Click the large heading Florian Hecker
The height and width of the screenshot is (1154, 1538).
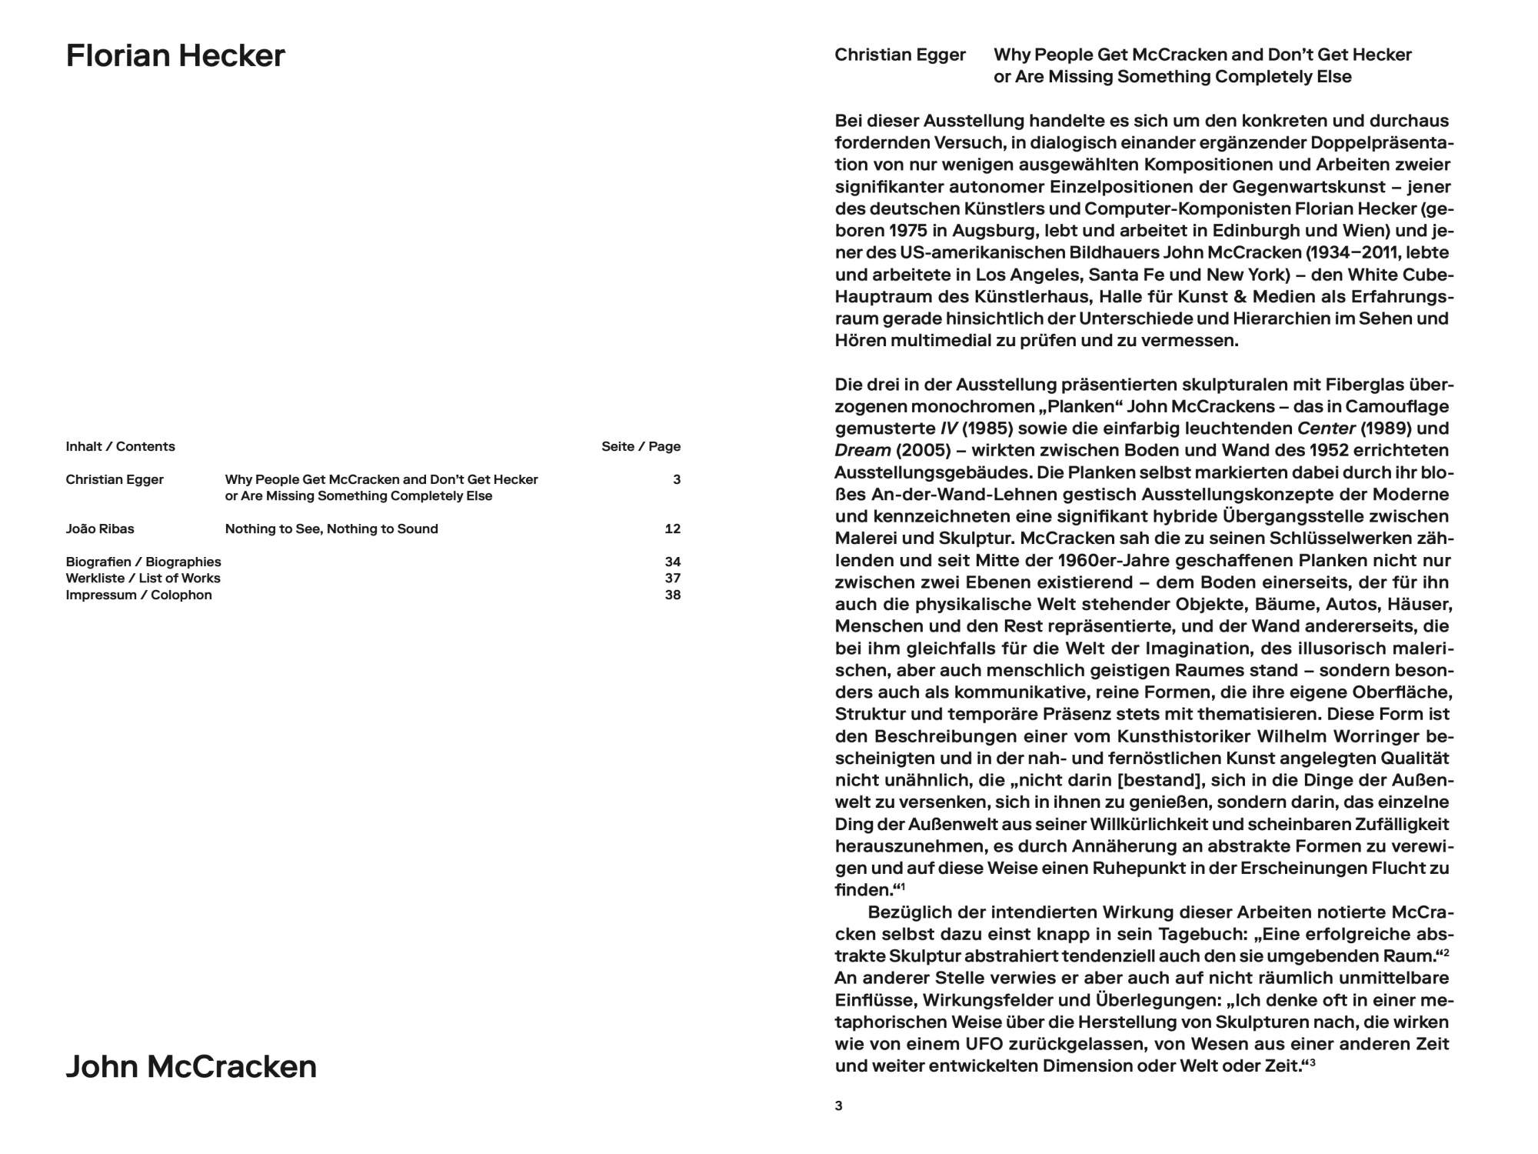pyautogui.click(x=175, y=56)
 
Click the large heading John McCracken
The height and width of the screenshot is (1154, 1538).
pyautogui.click(x=191, y=1066)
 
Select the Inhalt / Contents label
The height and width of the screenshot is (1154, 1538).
pyautogui.click(x=120, y=446)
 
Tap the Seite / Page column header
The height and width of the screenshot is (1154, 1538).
pyautogui.click(x=641, y=446)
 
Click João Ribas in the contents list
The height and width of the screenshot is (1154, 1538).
pyautogui.click(x=100, y=529)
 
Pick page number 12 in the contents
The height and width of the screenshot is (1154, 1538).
pyautogui.click(x=672, y=529)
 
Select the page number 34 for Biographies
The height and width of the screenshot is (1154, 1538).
pyautogui.click(x=672, y=562)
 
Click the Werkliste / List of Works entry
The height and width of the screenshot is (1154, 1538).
pyautogui.click(x=143, y=578)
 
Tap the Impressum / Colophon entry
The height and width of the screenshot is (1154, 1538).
pyautogui.click(x=138, y=595)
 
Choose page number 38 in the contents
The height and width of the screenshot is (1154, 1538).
pyautogui.click(x=672, y=595)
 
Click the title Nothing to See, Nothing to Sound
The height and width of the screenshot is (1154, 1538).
pyautogui.click(x=331, y=529)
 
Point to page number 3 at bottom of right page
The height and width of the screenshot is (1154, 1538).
pyautogui.click(x=838, y=1106)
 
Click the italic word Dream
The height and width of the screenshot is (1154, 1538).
pyautogui.click(x=862, y=450)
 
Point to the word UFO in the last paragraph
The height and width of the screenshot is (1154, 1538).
pyautogui.click(x=983, y=1044)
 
